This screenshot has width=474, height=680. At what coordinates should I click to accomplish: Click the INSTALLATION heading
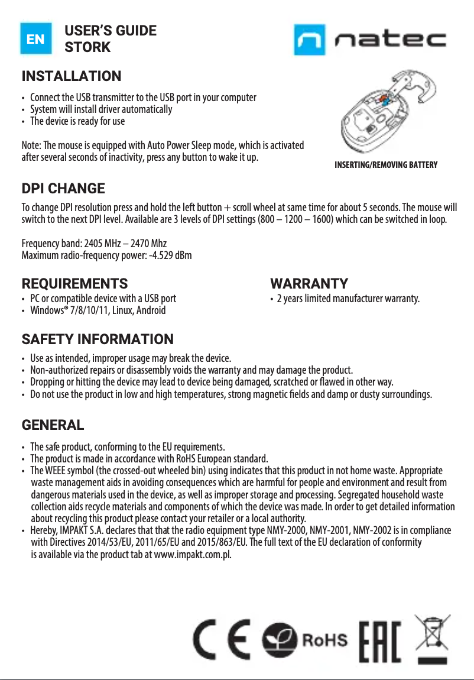(x=71, y=77)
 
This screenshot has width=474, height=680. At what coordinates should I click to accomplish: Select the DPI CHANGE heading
(x=63, y=189)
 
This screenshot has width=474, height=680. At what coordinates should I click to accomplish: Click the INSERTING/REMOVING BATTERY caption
(x=386, y=165)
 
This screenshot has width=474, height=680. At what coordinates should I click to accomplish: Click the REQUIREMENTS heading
(x=74, y=284)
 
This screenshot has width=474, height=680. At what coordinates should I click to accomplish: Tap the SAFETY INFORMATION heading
(x=98, y=339)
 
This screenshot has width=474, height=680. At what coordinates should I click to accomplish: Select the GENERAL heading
(x=53, y=425)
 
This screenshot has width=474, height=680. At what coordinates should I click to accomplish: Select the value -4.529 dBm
(x=164, y=256)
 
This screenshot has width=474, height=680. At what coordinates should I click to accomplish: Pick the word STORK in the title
(x=87, y=47)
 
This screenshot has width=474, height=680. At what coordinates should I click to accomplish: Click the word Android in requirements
(x=151, y=310)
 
